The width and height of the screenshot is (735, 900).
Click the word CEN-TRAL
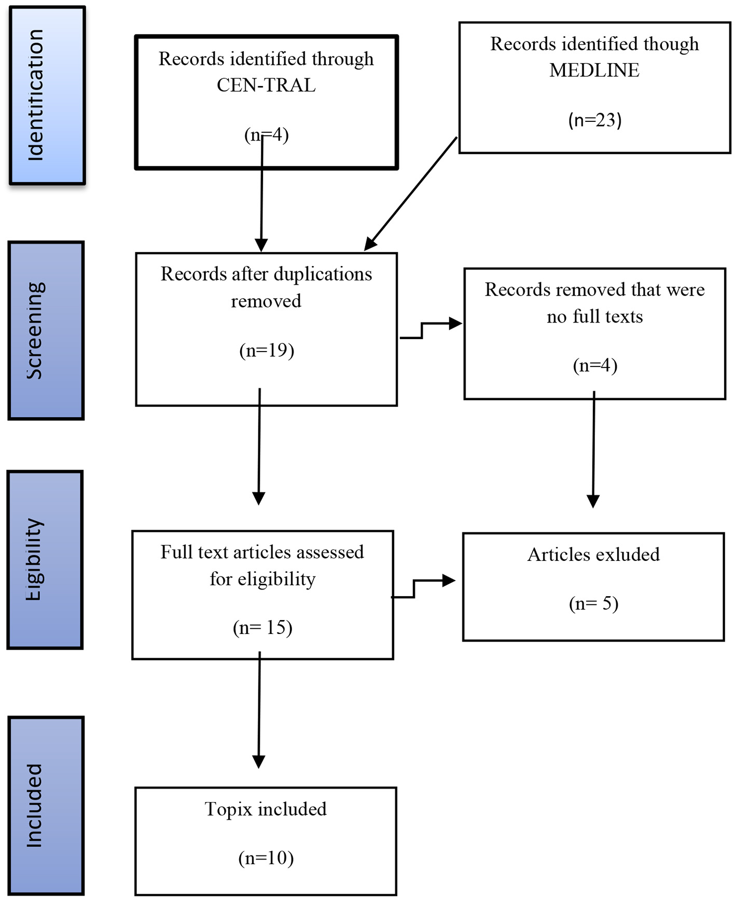266,85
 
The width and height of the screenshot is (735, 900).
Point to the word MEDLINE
594,70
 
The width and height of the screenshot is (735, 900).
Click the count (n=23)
594,120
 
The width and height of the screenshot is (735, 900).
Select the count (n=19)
267,350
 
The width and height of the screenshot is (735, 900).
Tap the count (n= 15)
262,628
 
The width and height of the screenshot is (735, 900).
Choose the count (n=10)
266,858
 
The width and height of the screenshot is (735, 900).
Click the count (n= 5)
593,604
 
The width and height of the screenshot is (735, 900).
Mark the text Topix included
266,809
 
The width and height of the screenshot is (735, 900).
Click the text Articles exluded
593,555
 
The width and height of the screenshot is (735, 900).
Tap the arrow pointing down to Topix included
259,710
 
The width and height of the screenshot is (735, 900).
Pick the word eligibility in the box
276,579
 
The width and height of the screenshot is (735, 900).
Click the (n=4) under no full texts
595,366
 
